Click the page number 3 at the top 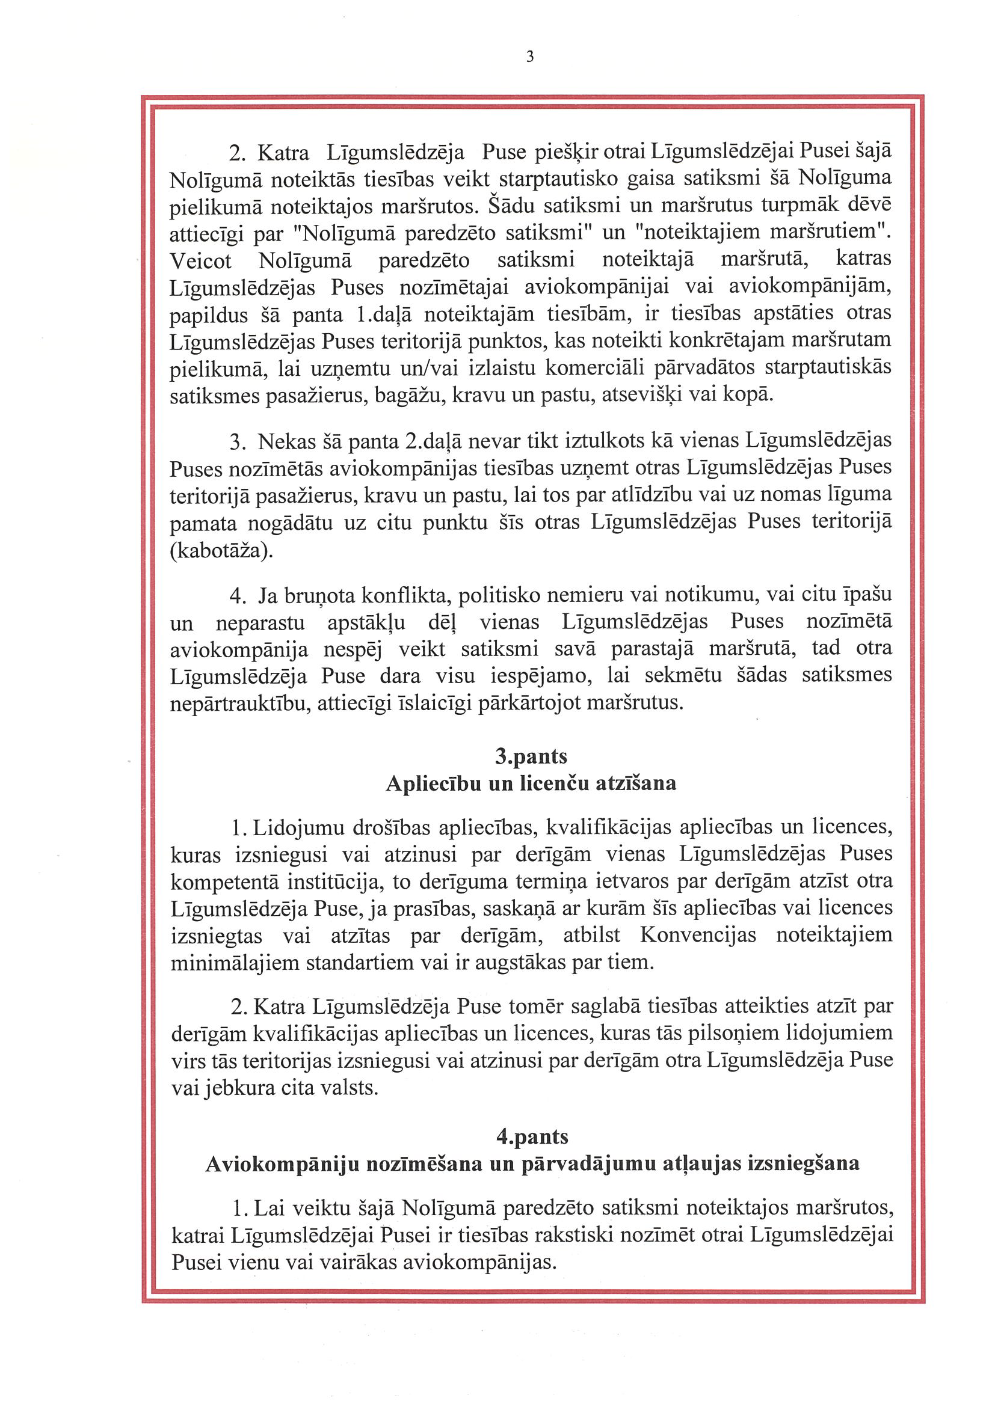coord(530,57)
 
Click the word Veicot coord(200,261)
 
